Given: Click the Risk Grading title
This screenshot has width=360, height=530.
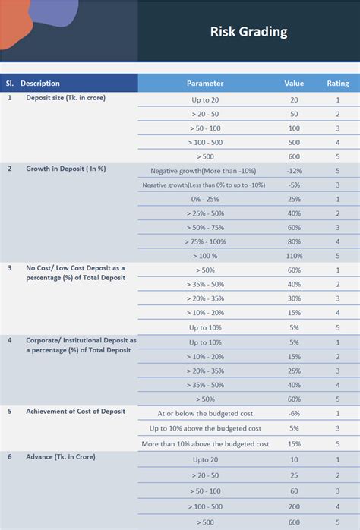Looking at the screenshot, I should tap(248, 32).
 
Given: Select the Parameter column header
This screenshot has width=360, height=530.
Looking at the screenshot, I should tap(205, 84).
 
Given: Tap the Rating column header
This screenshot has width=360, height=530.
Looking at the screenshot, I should tap(338, 84).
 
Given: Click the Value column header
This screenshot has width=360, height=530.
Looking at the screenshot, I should tap(294, 84).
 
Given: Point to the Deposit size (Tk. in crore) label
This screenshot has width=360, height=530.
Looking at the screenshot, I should tap(65, 98).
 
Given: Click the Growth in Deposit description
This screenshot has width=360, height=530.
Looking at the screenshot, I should tap(65, 169).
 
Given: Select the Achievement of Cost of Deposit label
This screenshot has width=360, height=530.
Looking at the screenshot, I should tap(76, 412).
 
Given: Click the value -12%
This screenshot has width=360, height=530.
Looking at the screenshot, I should tap(294, 171).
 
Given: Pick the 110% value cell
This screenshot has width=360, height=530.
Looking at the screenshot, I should tap(294, 256).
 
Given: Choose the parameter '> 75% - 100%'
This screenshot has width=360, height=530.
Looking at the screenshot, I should tap(205, 241).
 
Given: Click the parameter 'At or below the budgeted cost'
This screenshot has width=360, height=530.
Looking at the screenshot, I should tap(205, 414).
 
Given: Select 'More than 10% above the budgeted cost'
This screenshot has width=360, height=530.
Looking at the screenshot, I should tap(205, 444).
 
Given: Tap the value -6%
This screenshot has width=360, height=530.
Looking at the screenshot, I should tap(294, 414).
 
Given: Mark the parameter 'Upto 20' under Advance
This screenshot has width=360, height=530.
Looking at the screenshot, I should tap(205, 460).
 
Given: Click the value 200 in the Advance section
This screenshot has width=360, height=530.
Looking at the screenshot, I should tap(294, 506).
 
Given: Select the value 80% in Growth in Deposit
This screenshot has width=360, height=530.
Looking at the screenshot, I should tap(294, 241).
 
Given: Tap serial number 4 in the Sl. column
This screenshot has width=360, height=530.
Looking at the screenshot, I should tap(10, 341).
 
